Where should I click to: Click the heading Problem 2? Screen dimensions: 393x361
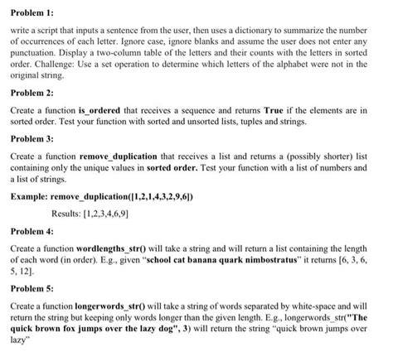click(x=31, y=94)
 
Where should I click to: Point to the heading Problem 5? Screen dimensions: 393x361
click(x=31, y=290)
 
